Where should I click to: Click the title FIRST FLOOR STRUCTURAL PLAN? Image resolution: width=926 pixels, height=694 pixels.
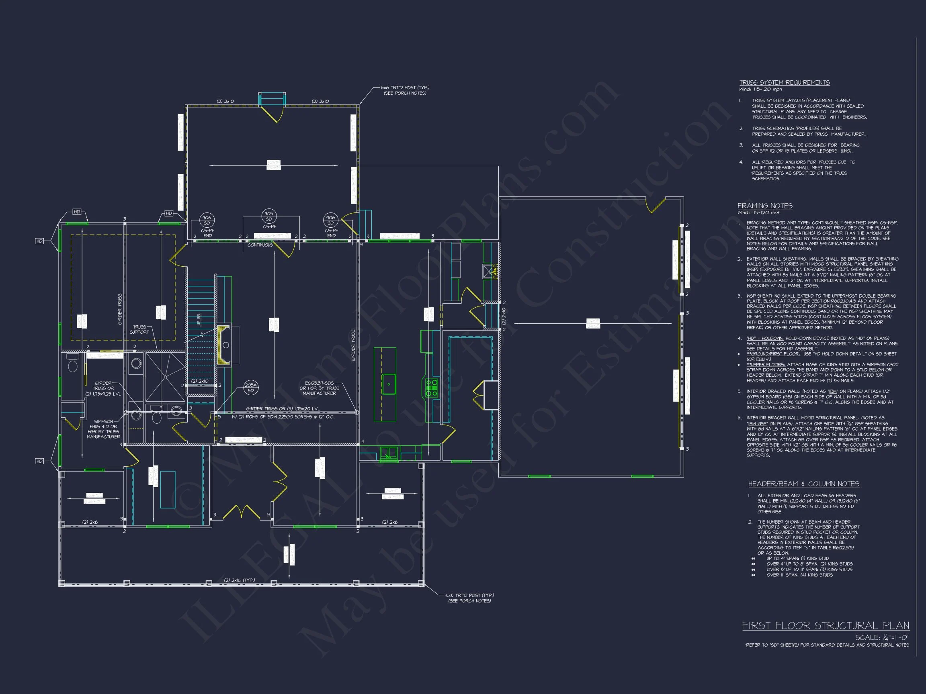[825, 625]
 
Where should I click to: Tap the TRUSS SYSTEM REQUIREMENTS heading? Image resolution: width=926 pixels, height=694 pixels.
[784, 83]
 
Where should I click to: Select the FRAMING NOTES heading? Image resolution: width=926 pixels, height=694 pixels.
[765, 206]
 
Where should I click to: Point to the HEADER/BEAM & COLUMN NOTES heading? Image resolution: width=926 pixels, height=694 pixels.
[803, 484]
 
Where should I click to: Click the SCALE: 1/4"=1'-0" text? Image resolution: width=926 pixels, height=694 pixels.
[882, 637]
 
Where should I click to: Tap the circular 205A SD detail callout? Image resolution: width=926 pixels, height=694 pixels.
[251, 388]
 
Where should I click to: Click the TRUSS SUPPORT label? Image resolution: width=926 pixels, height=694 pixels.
[139, 330]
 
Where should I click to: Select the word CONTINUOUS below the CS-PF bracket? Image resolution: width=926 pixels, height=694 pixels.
[260, 245]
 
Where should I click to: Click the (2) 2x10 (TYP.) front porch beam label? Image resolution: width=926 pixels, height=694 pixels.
[240, 580]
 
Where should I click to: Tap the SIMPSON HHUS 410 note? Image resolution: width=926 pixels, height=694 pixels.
[103, 429]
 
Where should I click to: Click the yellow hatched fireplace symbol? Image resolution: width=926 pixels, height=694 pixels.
[223, 345]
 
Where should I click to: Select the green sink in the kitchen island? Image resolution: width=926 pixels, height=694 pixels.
[389, 384]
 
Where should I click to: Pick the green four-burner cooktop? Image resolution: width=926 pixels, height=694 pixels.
[432, 388]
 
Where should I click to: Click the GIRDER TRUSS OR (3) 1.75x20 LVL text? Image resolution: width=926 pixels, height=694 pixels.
[283, 409]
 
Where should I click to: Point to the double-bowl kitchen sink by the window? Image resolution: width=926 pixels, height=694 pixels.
[389, 453]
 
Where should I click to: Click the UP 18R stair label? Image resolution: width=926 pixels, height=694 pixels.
[199, 320]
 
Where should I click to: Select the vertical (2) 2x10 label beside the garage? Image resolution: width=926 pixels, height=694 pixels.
[504, 316]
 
